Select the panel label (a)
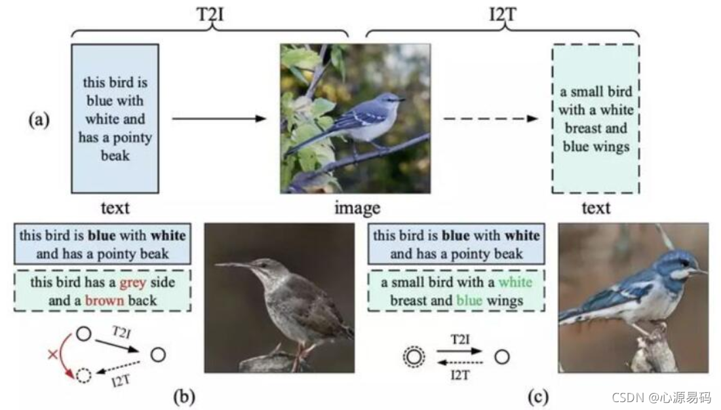click(x=39, y=120)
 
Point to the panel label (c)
click(x=541, y=396)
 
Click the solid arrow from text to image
click(x=219, y=119)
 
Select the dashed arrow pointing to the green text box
click(x=490, y=119)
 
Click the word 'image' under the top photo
click(x=357, y=208)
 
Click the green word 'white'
click(x=515, y=283)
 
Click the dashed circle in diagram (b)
click(x=83, y=376)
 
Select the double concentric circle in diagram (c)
click(x=414, y=358)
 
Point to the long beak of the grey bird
click(x=233, y=265)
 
